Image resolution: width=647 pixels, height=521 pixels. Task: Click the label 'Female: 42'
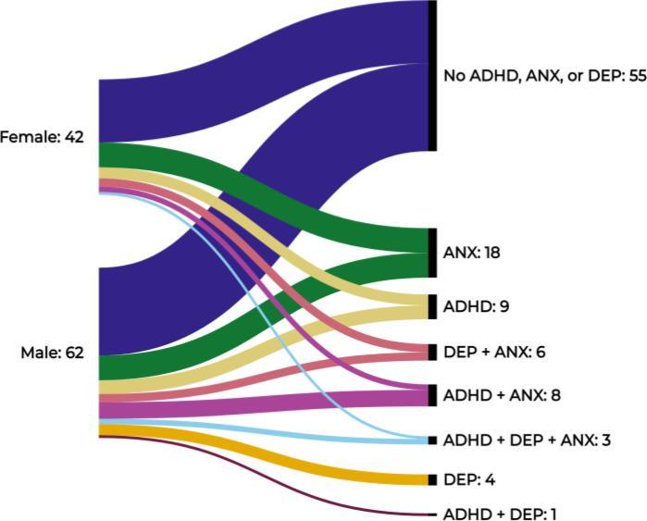pos(43,138)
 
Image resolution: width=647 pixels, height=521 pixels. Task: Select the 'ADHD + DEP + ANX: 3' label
pos(527,440)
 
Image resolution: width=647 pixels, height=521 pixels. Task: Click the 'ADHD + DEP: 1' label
pos(500,514)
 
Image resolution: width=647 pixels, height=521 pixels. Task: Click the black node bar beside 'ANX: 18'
pos(432,253)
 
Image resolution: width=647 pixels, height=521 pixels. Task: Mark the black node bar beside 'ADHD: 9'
pos(432,306)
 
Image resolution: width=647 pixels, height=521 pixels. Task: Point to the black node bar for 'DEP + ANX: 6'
pos(432,353)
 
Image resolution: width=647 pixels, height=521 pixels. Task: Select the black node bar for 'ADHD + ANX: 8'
pos(432,395)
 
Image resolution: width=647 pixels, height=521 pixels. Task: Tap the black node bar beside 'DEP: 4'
pos(432,479)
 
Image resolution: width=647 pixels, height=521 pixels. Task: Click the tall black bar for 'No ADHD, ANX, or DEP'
pos(432,76)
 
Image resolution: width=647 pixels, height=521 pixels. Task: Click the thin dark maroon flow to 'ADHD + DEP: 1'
pos(278,480)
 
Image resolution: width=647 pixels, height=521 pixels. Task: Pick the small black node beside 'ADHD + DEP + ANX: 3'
pos(432,440)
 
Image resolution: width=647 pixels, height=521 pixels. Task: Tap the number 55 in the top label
pos(637,76)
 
